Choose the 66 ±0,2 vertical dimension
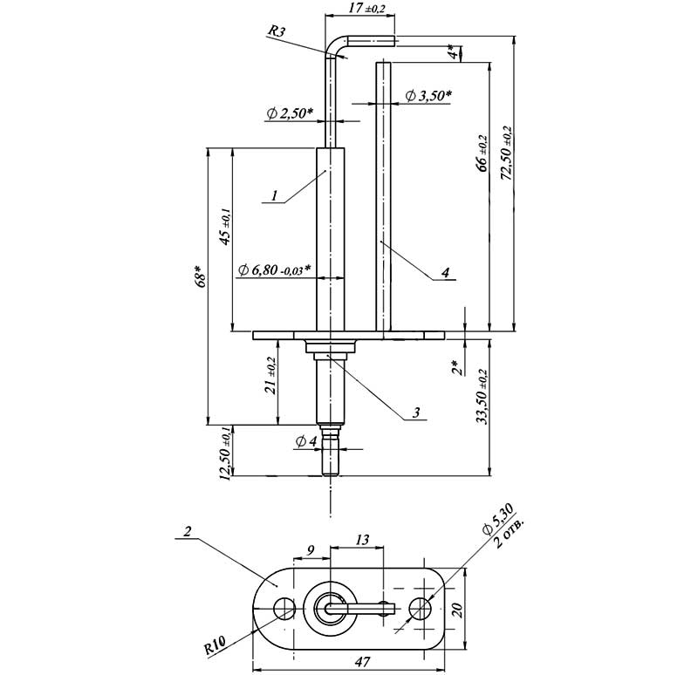coord(482,153)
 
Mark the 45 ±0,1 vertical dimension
coord(224,226)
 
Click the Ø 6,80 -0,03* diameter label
coord(275,269)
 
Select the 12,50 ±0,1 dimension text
coord(226,453)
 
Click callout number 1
coord(274,196)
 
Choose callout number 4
coord(445,273)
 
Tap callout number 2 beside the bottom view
coord(187,530)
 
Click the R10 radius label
coord(215,648)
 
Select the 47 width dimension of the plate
coord(360,664)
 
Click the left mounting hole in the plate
coord(283,607)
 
